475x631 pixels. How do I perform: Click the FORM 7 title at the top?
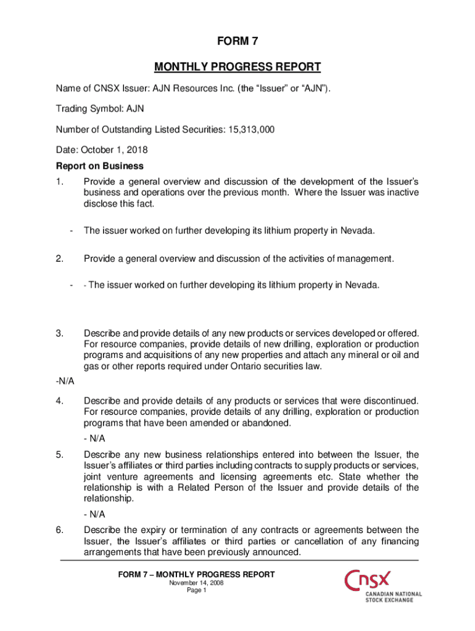pos(238,42)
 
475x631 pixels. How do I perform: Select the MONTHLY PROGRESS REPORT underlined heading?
pos(238,67)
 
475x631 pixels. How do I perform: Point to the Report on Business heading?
pos(100,166)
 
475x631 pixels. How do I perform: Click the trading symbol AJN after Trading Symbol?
pos(135,110)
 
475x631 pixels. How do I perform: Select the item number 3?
pos(59,333)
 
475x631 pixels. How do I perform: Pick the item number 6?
pos(59,530)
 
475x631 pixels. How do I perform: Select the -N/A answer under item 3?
pos(65,381)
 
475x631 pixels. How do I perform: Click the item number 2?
pos(59,259)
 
